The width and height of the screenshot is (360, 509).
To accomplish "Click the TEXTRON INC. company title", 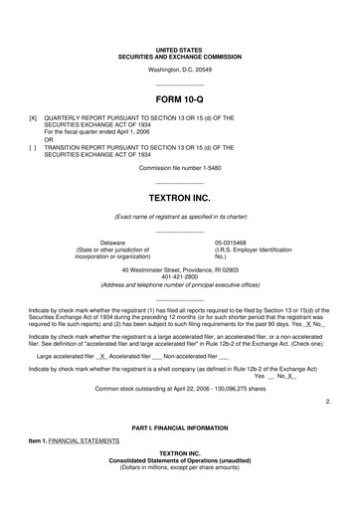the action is [x=180, y=198].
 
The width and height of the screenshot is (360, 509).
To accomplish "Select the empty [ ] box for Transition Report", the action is [x=33, y=175].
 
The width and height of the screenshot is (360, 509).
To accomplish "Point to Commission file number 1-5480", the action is [x=180, y=195].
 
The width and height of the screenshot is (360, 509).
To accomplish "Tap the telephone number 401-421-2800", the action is [x=180, y=277].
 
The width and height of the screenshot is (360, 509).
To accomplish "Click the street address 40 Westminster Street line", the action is [x=180, y=270].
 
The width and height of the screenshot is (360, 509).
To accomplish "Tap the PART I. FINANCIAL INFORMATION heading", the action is [x=180, y=425].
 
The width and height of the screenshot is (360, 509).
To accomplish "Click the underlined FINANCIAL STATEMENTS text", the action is [x=85, y=439].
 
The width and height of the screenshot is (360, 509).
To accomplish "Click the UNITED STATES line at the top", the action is [x=180, y=49].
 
